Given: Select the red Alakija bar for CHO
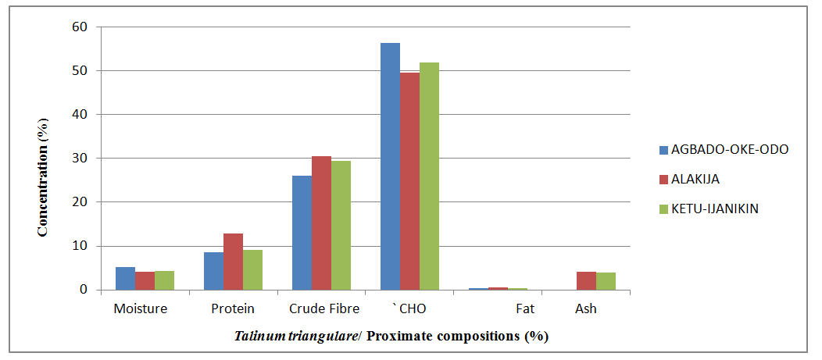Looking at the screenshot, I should click(409, 181).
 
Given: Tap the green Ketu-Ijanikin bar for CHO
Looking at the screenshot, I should click(429, 176).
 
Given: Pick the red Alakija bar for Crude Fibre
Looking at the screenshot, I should click(321, 223).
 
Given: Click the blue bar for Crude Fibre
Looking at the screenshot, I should click(302, 233).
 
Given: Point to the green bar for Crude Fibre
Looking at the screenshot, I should click(341, 226).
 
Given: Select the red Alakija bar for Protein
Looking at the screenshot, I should click(233, 262).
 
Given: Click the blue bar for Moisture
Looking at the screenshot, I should click(125, 279).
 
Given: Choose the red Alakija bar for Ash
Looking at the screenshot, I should click(587, 281).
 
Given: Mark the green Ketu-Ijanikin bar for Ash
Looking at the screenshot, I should click(606, 281).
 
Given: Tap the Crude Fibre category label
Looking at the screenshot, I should click(323, 308).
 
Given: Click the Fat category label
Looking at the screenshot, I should click(525, 308).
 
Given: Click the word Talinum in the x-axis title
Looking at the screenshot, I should click(257, 337).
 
